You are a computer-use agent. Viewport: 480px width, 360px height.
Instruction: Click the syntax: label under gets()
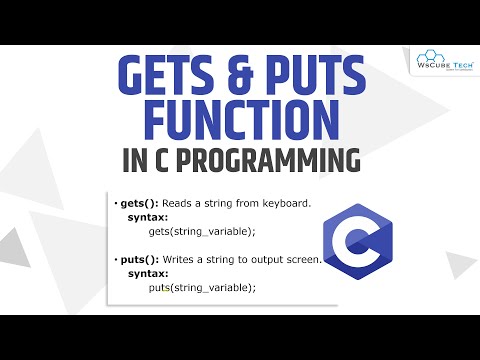tap(146, 218)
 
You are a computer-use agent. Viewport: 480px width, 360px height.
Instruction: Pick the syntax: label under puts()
tap(146, 274)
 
